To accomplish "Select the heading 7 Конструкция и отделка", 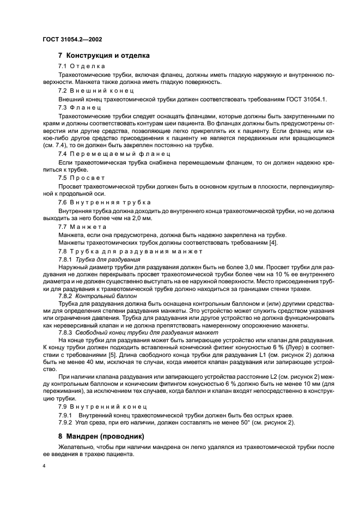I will click(x=104, y=56).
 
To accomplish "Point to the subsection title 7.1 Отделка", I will click(x=82, y=66).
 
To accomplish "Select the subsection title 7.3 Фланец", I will click(x=80, y=108).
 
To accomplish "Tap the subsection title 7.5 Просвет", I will click(x=82, y=178).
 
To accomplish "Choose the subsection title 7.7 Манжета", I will click(x=82, y=226).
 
